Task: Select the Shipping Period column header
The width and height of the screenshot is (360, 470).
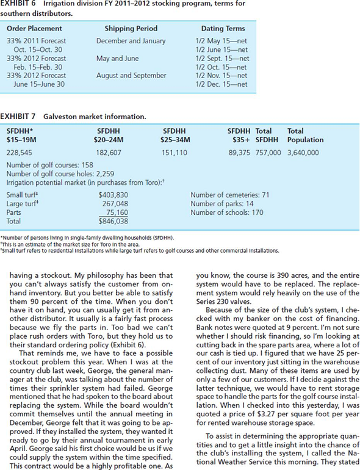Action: [131, 28]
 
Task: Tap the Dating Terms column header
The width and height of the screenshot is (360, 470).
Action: [223, 28]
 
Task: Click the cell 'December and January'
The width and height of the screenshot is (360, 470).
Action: [131, 41]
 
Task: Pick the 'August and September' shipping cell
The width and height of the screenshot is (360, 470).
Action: [131, 75]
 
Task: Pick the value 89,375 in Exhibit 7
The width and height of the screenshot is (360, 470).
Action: [240, 153]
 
